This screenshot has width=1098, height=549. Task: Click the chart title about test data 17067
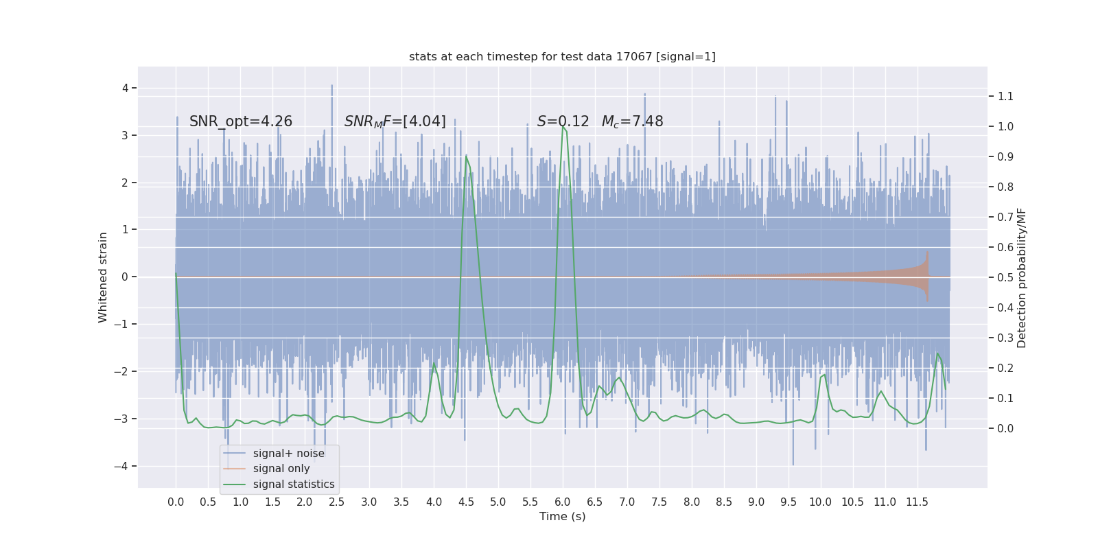point(562,57)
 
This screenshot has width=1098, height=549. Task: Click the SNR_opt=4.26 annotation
point(241,121)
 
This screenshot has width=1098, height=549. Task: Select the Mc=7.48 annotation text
point(632,121)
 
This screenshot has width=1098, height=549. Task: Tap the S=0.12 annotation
point(563,121)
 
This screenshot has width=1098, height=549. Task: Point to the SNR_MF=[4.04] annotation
point(395,121)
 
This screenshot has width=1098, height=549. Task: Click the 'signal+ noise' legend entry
point(288,454)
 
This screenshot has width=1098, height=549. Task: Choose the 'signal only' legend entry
point(281,469)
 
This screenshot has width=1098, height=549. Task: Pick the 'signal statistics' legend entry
point(294,484)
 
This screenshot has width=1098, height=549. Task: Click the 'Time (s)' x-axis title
point(562,517)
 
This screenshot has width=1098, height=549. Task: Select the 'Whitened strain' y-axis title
point(103,277)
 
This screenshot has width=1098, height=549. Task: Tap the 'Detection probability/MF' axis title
point(1022,277)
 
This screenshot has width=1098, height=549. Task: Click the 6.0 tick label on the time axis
point(563,502)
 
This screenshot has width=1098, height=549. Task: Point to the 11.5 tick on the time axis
point(917,502)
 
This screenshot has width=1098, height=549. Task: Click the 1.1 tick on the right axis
point(1005,97)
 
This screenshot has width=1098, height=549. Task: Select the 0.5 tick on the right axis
point(1005,278)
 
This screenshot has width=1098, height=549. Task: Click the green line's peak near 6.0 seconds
point(563,126)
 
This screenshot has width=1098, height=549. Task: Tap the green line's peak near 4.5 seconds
point(467,156)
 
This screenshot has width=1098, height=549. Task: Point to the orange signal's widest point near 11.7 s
point(928,277)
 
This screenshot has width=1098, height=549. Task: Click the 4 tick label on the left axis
point(126,89)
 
